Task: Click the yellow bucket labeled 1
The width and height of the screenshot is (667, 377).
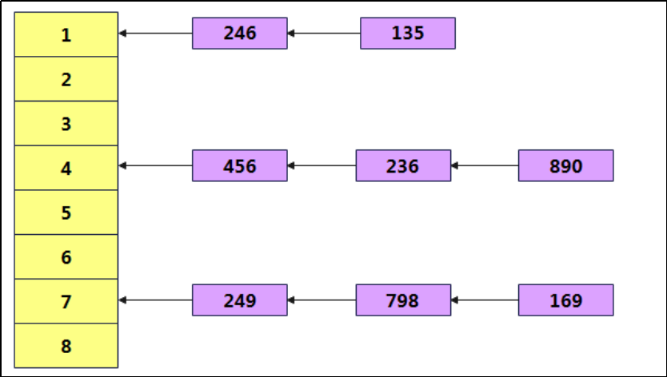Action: pyautogui.click(x=66, y=34)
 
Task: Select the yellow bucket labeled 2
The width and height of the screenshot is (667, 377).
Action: pyautogui.click(x=66, y=79)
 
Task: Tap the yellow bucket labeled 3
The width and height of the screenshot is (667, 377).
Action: pyautogui.click(x=66, y=124)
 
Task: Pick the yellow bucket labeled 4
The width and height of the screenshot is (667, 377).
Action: pyautogui.click(x=66, y=168)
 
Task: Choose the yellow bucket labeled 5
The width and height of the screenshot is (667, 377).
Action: pyautogui.click(x=66, y=212)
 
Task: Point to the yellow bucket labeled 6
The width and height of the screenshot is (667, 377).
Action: pyautogui.click(x=66, y=257)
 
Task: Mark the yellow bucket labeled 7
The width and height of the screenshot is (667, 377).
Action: pyautogui.click(x=66, y=301)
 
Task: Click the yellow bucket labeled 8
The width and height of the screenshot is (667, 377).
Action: pyautogui.click(x=66, y=346)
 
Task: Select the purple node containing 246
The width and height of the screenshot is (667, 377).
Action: pyautogui.click(x=239, y=34)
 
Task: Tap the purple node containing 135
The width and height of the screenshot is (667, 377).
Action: pyautogui.click(x=407, y=34)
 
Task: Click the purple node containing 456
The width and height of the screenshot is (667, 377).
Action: pyautogui.click(x=239, y=166)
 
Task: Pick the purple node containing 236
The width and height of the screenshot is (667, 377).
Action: pyautogui.click(x=402, y=166)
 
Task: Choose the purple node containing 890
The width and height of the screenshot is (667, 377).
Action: pyautogui.click(x=565, y=166)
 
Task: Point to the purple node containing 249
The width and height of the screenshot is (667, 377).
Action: pyautogui.click(x=239, y=300)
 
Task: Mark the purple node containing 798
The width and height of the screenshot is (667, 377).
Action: pyautogui.click(x=402, y=300)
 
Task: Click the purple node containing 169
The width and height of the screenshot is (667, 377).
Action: pyautogui.click(x=565, y=300)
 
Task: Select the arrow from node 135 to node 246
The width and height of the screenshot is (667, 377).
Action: pyautogui.click(x=324, y=34)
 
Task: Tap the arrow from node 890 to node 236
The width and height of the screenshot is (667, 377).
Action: pyautogui.click(x=485, y=166)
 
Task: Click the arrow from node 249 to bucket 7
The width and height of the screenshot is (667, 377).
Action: pyautogui.click(x=155, y=300)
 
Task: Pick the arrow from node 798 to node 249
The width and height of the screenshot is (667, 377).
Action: pyautogui.click(x=322, y=300)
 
